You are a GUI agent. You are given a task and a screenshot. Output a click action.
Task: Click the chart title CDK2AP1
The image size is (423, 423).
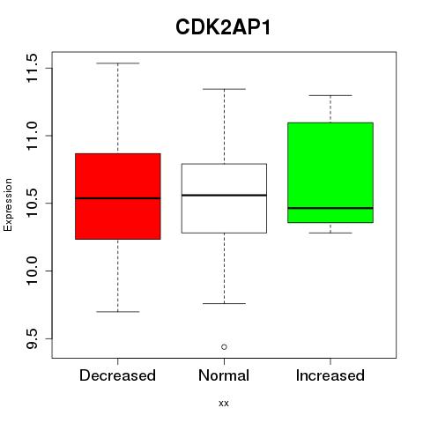tap(223, 27)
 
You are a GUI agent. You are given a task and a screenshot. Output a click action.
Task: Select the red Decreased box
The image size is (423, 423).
tap(118, 197)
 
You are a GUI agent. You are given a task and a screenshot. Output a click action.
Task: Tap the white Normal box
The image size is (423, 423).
tap(224, 198)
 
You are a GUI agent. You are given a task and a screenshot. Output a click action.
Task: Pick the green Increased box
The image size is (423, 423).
tap(330, 173)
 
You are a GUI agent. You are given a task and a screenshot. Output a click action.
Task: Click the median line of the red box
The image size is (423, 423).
tap(118, 198)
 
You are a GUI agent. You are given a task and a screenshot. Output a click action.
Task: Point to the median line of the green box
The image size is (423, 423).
tap(330, 208)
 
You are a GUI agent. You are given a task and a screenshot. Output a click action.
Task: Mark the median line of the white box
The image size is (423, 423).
tap(224, 195)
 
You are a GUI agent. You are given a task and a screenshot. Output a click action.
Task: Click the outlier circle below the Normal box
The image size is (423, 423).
tap(224, 347)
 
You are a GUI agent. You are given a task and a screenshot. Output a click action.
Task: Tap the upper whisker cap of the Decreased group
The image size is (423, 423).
tap(118, 63)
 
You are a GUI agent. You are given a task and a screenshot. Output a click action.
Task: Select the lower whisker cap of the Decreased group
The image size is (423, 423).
tap(118, 311)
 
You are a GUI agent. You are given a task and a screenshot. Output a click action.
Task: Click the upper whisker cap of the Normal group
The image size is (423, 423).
tap(224, 89)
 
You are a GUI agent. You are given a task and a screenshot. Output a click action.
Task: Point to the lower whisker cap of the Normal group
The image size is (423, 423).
tap(224, 303)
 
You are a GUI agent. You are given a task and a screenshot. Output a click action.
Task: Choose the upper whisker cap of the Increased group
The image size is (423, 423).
tap(330, 95)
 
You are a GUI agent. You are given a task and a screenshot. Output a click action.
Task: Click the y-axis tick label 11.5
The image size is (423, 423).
tap(32, 68)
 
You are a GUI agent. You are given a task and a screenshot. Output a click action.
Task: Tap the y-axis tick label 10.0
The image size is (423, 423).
tap(32, 271)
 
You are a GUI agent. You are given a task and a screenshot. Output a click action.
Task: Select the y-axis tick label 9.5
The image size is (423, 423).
tap(32, 338)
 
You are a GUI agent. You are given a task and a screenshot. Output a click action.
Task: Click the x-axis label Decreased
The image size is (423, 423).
tap(117, 375)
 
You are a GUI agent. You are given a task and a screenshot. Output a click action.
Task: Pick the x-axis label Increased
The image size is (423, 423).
tap(330, 375)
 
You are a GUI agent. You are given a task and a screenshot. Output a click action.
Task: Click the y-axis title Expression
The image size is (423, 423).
tap(8, 204)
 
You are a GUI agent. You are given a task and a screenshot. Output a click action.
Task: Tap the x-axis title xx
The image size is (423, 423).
tap(224, 404)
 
